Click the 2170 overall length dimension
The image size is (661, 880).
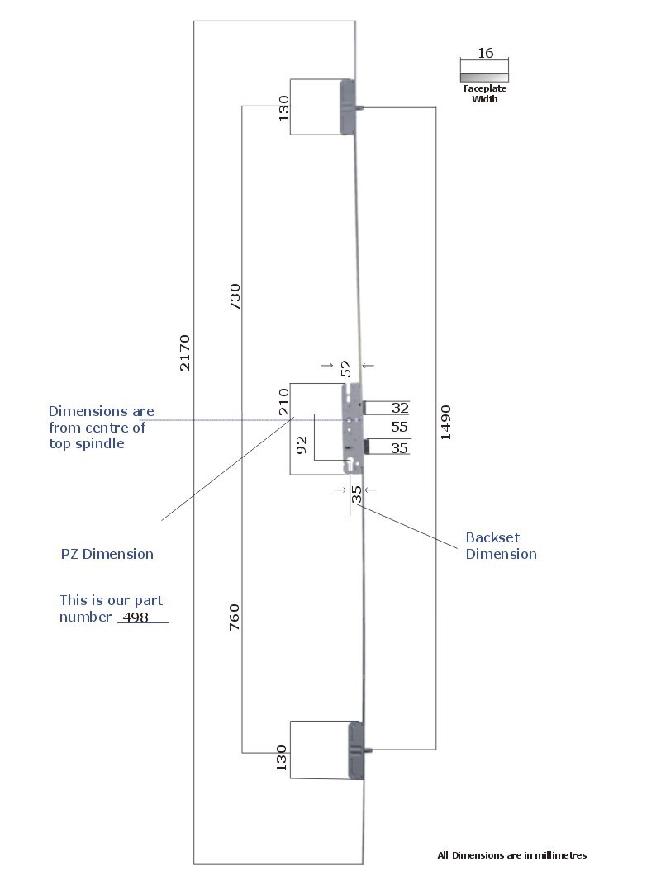point(185,352)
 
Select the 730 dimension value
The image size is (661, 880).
point(235,297)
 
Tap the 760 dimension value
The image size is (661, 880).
point(234,618)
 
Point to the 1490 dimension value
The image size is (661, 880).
point(446,421)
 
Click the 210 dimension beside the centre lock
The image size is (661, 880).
point(283,400)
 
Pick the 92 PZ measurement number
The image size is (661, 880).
point(302,445)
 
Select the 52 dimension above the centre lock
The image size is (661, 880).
point(346,367)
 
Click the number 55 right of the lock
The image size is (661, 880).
point(400,428)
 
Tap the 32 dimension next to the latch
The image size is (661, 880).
point(400,408)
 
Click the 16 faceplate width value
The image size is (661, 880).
point(485,53)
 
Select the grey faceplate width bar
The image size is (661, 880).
point(484,78)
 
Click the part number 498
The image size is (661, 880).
point(136,617)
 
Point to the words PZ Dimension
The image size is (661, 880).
point(107,554)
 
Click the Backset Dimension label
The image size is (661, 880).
point(501,546)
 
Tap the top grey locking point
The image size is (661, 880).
point(348,107)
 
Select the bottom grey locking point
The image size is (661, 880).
point(356,750)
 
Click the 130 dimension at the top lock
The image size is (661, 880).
point(283,107)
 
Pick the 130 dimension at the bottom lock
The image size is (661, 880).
point(282,758)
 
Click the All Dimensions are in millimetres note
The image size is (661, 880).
point(511,855)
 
